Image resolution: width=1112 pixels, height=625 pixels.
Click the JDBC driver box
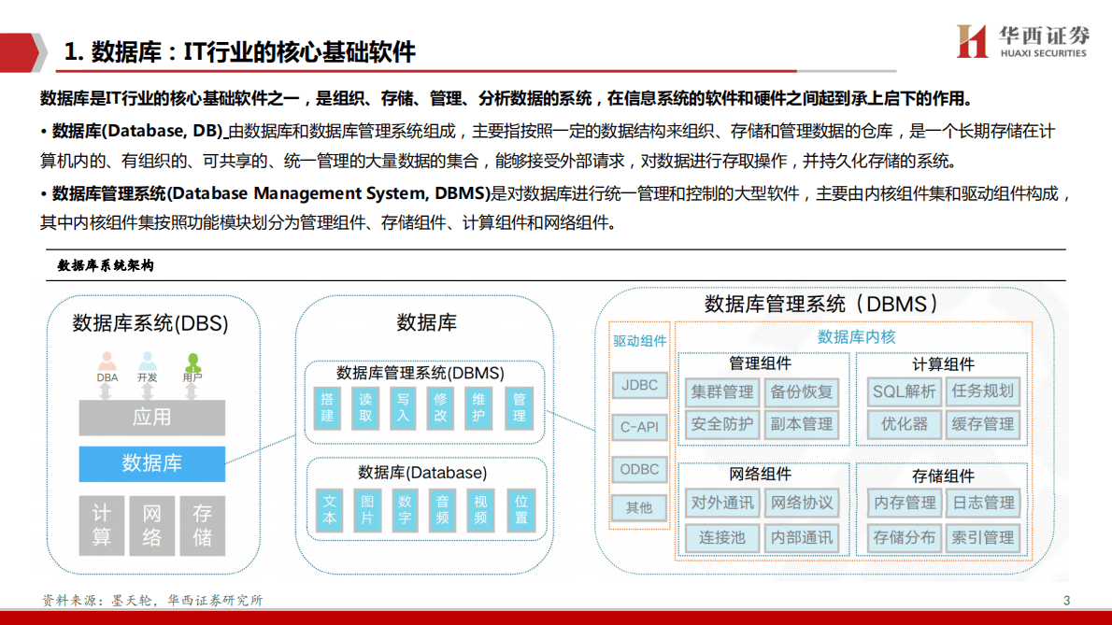click(x=640, y=386)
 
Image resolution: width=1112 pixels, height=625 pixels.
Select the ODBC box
click(x=640, y=469)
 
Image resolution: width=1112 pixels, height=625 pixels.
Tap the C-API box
click(x=640, y=427)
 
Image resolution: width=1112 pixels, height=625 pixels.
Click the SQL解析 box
click(x=905, y=391)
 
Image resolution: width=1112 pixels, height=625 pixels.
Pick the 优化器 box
click(x=905, y=424)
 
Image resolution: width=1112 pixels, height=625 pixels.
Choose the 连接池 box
click(x=722, y=538)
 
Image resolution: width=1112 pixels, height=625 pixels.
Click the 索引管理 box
click(x=983, y=538)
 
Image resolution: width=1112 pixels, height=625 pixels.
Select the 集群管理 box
click(x=722, y=391)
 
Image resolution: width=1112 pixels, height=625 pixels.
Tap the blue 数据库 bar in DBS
click(x=151, y=463)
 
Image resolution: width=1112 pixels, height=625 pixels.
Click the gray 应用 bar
click(x=151, y=418)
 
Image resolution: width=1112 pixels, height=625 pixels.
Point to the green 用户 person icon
click(x=192, y=362)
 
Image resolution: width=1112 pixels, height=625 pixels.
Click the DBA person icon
click(x=107, y=362)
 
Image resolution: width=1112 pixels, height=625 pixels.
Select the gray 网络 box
click(x=151, y=525)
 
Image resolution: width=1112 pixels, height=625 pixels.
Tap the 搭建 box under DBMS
click(x=327, y=407)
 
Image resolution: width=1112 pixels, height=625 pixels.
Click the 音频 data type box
click(x=442, y=509)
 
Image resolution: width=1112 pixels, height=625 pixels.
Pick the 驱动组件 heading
click(x=640, y=341)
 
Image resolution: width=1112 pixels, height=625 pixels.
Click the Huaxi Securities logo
click(x=1023, y=41)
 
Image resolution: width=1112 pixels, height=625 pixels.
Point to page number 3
click(x=1066, y=601)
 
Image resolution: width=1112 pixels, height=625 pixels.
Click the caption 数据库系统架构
click(x=106, y=265)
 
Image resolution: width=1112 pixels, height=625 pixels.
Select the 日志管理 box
click(x=983, y=503)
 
